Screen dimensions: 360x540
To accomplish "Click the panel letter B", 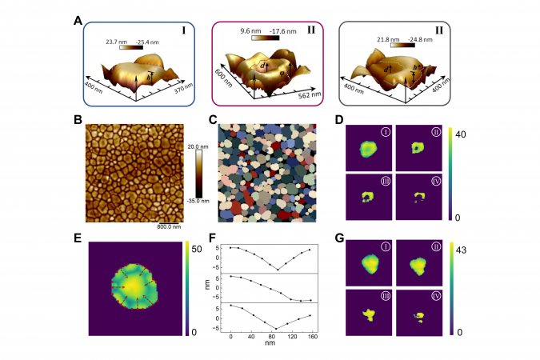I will [78, 120].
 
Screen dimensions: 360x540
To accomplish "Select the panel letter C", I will [212, 120].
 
